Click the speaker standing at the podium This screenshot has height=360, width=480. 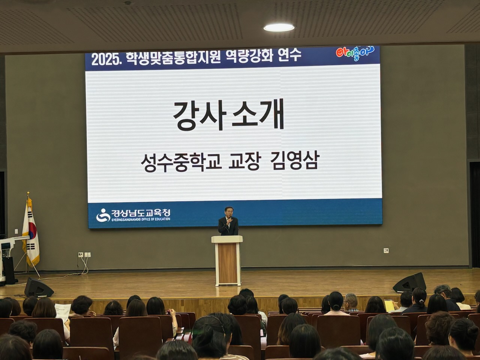tap(228, 223)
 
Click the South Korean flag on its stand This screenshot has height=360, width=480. tap(31, 231)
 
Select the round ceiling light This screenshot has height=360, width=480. tap(279, 27)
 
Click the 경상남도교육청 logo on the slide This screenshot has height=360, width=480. tap(133, 215)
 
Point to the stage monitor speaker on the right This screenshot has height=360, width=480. tap(409, 282)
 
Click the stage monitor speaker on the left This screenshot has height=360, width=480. tap(38, 288)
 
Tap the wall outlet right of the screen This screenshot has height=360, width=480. tap(386, 250)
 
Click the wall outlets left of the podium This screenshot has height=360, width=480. tap(84, 255)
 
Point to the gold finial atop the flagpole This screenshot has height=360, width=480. tap(28, 194)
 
